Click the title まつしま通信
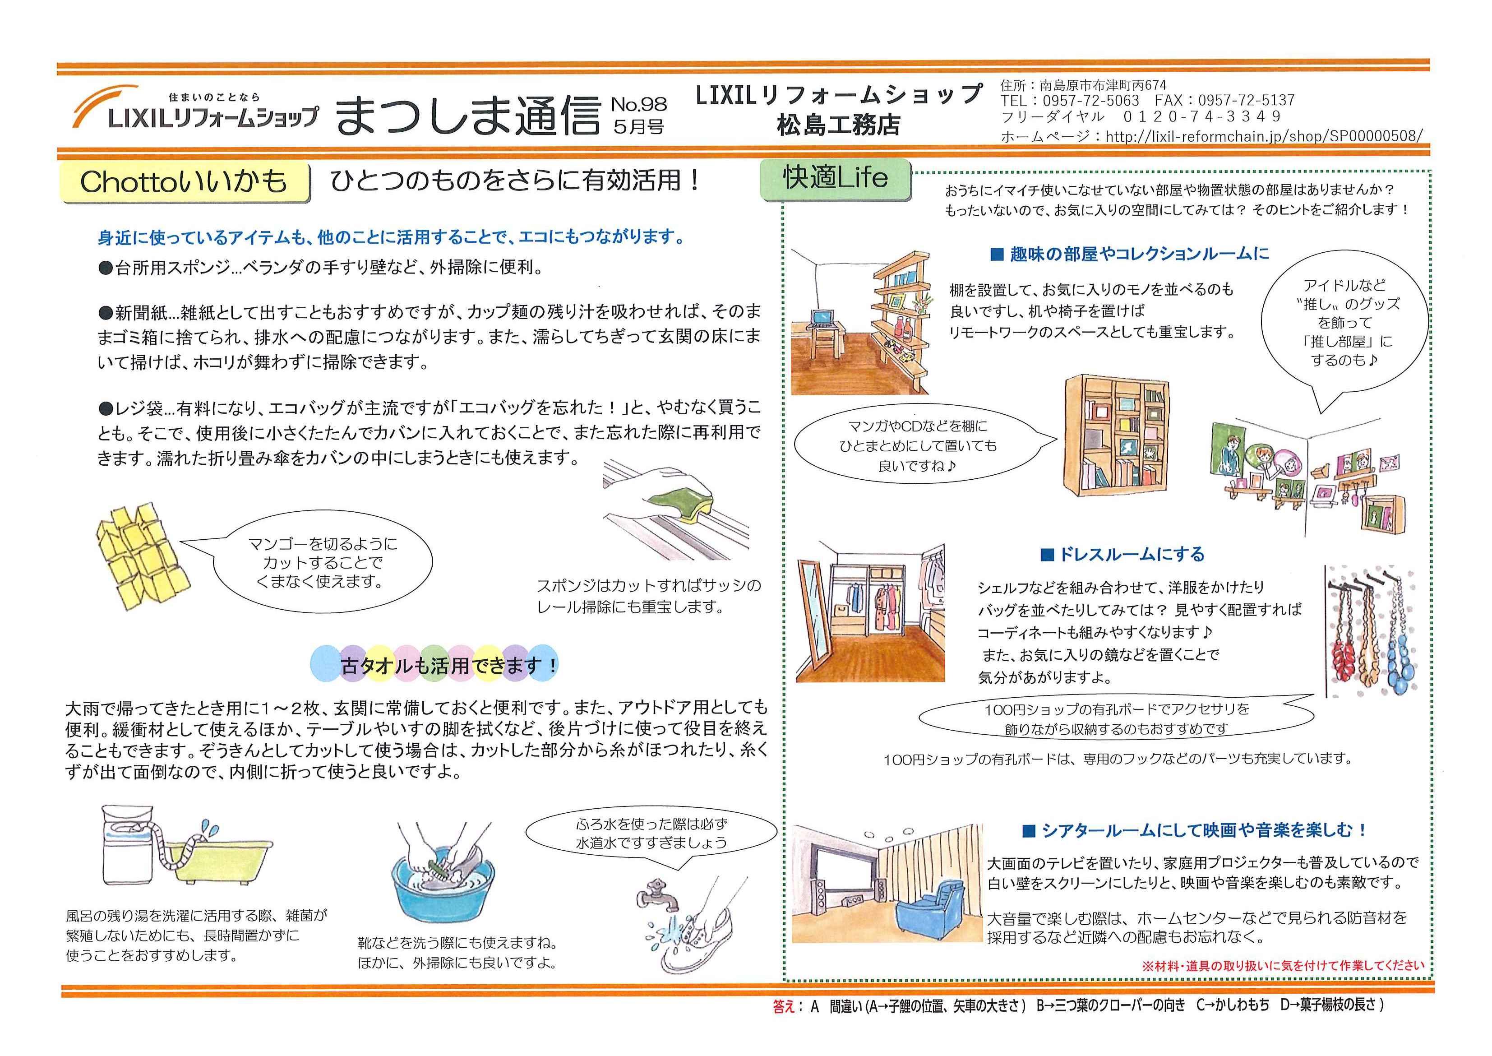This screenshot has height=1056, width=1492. [467, 115]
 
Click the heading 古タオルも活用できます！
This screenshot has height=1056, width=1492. [448, 665]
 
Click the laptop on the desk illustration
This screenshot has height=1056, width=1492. [821, 317]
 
